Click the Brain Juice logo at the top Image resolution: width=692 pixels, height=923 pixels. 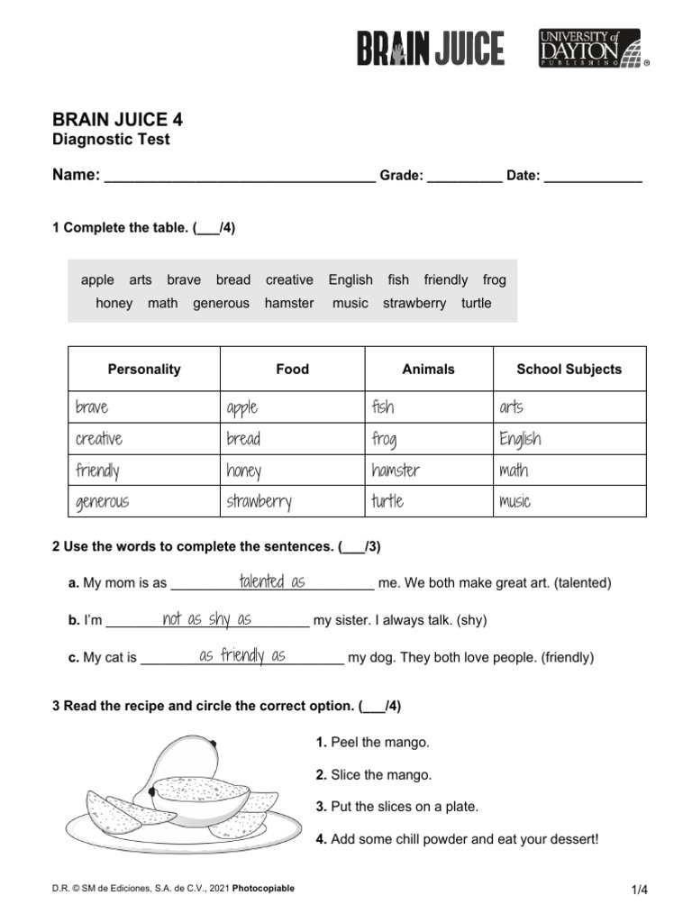[430, 48]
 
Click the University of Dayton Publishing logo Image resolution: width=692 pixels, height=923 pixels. [592, 48]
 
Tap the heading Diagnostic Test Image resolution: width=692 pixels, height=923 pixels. [111, 140]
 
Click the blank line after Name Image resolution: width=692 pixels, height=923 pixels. [240, 178]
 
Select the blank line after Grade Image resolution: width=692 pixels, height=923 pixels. [464, 178]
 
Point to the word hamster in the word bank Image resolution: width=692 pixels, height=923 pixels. [289, 303]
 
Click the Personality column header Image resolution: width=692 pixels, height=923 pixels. [144, 369]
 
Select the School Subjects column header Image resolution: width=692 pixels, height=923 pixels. [569, 369]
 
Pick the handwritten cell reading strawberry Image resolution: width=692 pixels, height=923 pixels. [259, 501]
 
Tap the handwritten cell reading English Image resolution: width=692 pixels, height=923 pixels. [520, 439]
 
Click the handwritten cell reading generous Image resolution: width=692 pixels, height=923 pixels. [102, 501]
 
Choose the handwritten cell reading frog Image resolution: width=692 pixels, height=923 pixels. [384, 439]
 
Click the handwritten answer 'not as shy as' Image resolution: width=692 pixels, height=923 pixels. [206, 618]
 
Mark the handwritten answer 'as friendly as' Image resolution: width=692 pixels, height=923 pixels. [242, 655]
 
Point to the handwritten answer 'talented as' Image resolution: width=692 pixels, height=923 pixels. [272, 581]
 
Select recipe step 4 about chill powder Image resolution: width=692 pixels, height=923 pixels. [456, 839]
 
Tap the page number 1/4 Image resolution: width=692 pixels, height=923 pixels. [640, 890]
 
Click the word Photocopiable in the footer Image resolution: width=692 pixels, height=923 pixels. [263, 888]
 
